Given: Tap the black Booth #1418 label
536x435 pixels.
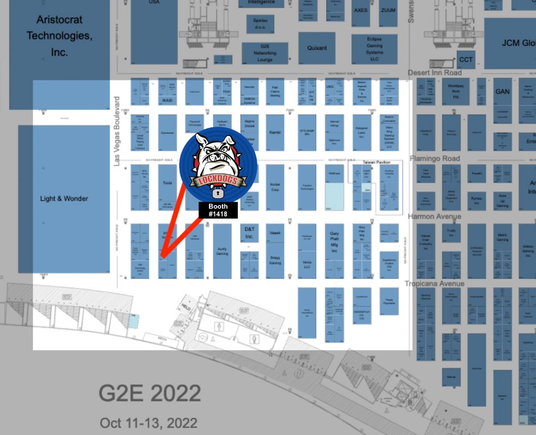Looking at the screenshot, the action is (x=218, y=210).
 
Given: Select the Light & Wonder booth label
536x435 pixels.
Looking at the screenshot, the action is (x=64, y=198).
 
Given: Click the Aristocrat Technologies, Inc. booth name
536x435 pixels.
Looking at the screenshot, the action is (x=60, y=36).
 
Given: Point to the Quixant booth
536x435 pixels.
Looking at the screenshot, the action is (x=317, y=48).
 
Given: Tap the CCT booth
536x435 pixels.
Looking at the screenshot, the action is (x=466, y=59).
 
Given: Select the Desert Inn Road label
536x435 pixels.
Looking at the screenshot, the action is (x=435, y=73).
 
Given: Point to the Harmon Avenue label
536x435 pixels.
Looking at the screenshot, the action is (x=434, y=216).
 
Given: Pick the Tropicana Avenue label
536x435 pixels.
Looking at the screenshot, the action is (x=434, y=284).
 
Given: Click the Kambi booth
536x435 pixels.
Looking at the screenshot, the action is (x=275, y=132).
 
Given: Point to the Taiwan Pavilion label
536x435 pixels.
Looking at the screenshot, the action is (x=378, y=162).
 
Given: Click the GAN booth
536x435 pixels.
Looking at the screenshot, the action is (x=502, y=91).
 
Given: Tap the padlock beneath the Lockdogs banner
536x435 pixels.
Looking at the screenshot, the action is (x=218, y=192).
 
